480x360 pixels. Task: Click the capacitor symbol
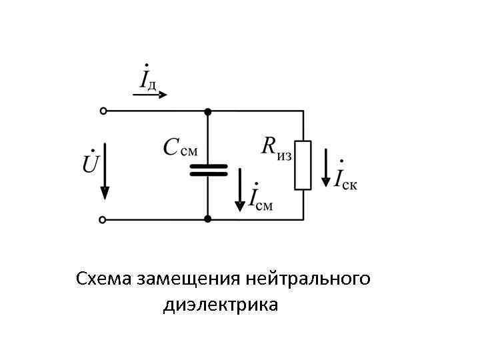pyautogui.click(x=208, y=169)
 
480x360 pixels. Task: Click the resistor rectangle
pyautogui.click(x=303, y=165)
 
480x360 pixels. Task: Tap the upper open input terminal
pyautogui.click(x=103, y=111)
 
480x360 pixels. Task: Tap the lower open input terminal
pyautogui.click(x=103, y=219)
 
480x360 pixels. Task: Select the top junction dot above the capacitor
pyautogui.click(x=208, y=111)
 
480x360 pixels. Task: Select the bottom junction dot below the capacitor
pyautogui.click(x=208, y=219)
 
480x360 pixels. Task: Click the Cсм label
pyautogui.click(x=181, y=147)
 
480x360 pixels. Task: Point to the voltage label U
pyautogui.click(x=91, y=162)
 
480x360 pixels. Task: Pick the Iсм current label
pyautogui.click(x=260, y=198)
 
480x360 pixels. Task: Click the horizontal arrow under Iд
pyautogui.click(x=150, y=95)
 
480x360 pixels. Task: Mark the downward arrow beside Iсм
pyautogui.click(x=240, y=190)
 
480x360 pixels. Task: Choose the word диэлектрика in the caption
pyautogui.click(x=220, y=306)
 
